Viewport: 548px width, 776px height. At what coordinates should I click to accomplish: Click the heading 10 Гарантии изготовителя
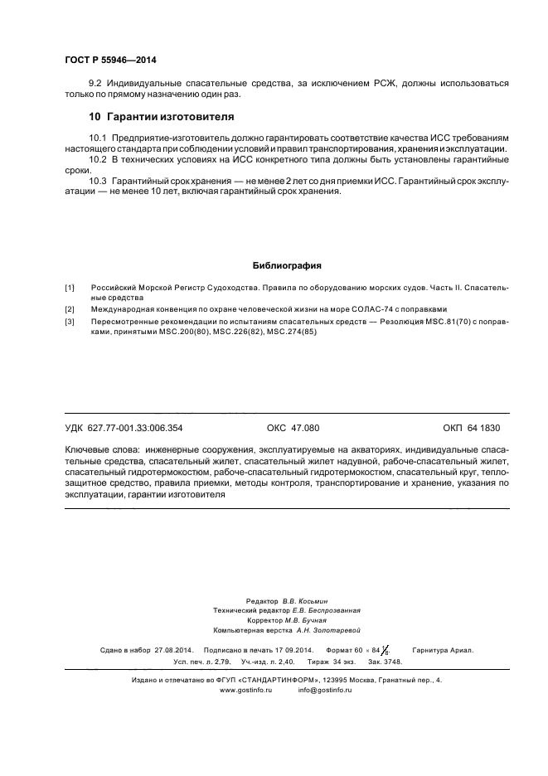pos(162,116)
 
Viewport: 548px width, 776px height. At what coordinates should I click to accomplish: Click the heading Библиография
pos(286,266)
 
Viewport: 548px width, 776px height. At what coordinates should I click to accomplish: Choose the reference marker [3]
pos(70,321)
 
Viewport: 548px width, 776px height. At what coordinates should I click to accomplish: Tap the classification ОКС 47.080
pos(293,429)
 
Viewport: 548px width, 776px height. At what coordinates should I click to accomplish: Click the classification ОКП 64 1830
pos(471,429)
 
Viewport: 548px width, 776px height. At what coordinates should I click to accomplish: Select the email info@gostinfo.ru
pos(325,691)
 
